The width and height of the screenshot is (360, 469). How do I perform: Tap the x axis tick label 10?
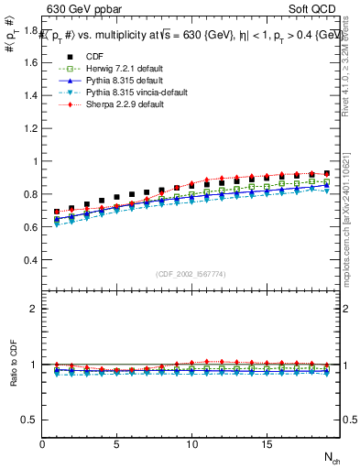(x=191, y=445)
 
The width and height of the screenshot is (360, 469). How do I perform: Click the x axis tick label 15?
(x=267, y=445)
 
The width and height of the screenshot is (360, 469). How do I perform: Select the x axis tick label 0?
(x=42, y=445)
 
